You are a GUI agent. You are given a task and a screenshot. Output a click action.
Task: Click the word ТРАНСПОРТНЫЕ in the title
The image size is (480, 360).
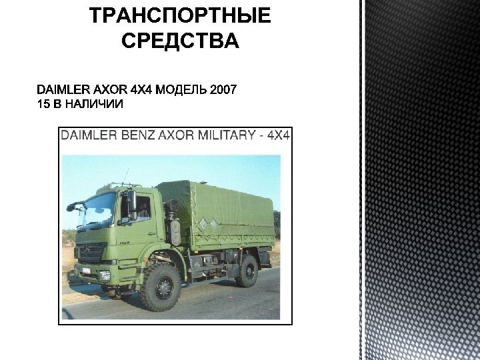180,16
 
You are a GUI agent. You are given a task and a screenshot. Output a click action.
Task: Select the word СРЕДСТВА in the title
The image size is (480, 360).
180,41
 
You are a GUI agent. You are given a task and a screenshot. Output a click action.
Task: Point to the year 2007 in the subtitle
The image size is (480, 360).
223,90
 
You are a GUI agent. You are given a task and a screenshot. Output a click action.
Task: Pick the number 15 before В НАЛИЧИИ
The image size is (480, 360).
43,104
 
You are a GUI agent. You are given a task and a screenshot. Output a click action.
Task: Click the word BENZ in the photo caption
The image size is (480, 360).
137,135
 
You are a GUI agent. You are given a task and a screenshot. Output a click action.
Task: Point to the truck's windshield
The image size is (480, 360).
98,210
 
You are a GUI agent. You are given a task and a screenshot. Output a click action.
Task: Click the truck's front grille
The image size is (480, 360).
91,251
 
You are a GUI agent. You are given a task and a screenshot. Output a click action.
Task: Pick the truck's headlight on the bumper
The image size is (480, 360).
105,275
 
